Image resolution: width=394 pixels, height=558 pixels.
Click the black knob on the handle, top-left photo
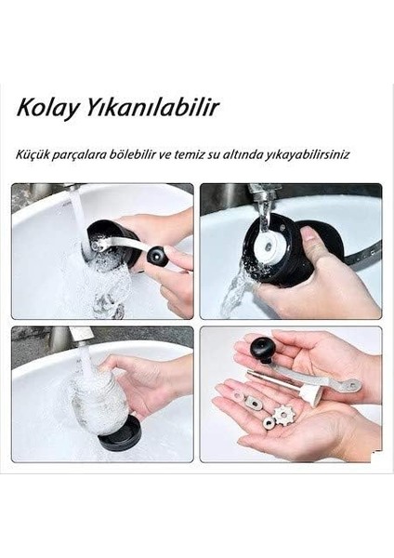click(157, 257)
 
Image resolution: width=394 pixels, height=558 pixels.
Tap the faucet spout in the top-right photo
click(263, 197)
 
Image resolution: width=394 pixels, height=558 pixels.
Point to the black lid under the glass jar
click(119, 433)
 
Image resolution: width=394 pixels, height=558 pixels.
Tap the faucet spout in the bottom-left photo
click(80, 335)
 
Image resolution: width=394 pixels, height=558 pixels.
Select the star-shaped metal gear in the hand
click(284, 414)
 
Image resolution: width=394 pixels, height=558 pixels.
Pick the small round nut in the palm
click(269, 423)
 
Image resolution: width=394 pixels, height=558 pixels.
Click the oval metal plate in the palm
click(253, 404)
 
